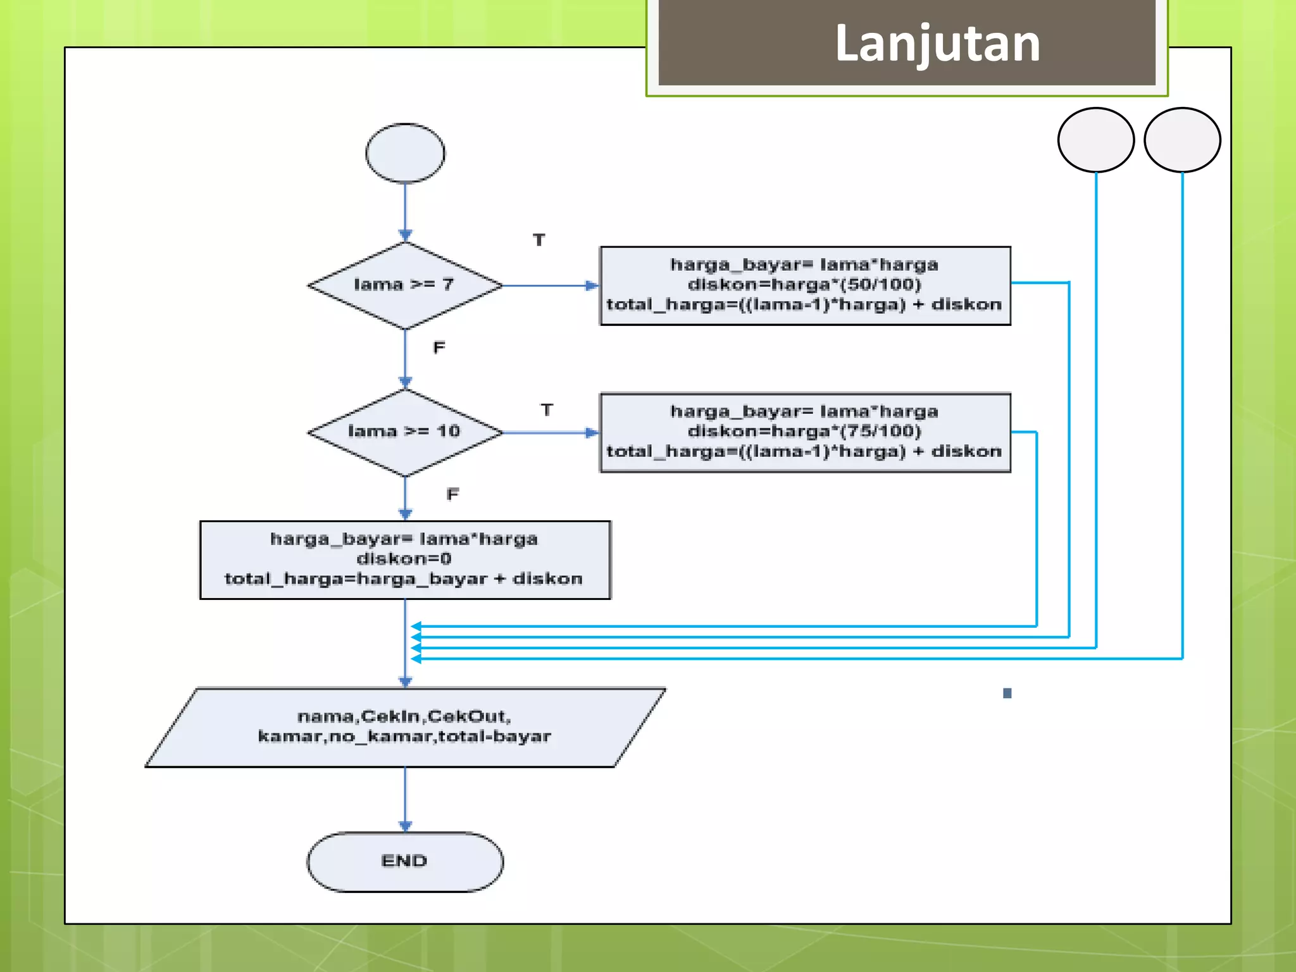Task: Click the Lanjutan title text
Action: (x=937, y=43)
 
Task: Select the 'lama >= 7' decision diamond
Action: (x=405, y=285)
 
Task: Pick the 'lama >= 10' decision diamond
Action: (x=405, y=432)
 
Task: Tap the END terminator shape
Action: (x=405, y=862)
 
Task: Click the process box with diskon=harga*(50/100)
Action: (x=805, y=285)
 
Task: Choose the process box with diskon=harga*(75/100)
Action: (x=805, y=433)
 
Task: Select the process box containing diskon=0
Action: (x=405, y=559)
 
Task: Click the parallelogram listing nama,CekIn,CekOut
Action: (x=405, y=727)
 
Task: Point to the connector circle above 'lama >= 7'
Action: (x=405, y=153)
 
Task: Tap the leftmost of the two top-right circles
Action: (x=1095, y=140)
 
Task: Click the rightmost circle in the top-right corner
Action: (x=1182, y=140)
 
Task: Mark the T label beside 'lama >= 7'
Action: (x=539, y=240)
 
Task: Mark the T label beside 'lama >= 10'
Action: (x=547, y=410)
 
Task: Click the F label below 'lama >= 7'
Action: (x=439, y=347)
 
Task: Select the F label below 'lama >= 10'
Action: (x=452, y=494)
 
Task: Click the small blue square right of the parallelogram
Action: (x=1007, y=693)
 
